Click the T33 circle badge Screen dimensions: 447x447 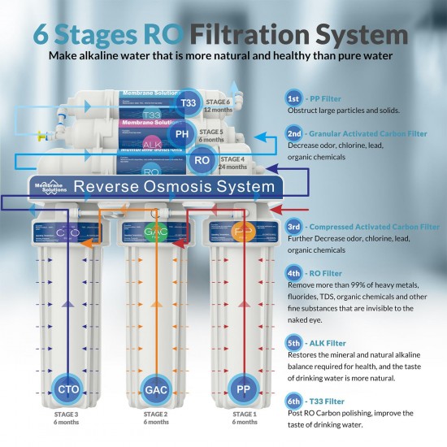(x=188, y=103)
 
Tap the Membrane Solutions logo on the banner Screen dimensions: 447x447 (x=50, y=186)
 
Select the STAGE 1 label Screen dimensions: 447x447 (x=245, y=414)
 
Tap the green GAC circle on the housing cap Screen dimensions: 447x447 (x=155, y=231)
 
